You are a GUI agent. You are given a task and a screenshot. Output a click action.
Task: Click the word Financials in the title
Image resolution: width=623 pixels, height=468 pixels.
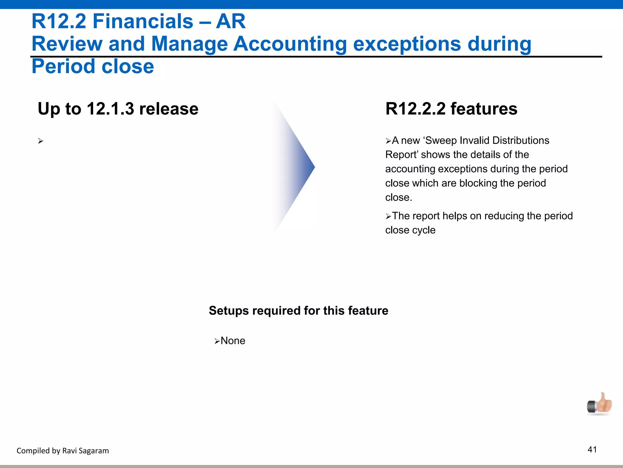coord(143,21)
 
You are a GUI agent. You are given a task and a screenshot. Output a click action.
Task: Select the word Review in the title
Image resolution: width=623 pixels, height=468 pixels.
coord(67,44)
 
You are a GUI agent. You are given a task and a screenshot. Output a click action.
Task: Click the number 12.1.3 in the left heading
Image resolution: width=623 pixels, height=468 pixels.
coord(110,109)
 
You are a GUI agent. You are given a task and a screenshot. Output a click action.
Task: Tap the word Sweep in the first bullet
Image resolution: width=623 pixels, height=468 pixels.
coord(441,140)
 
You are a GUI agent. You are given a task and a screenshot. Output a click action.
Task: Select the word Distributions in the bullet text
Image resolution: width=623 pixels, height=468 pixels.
coord(520,140)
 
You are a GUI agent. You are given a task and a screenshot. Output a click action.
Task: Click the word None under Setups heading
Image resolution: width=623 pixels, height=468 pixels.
coord(233,341)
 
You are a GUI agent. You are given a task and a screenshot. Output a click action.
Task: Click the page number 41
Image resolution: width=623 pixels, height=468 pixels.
coord(592,449)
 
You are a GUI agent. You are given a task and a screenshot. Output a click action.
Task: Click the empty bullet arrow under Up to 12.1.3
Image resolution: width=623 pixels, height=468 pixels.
coord(41,141)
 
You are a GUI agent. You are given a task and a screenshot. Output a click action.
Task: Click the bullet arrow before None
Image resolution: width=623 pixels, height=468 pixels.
coord(217,341)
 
